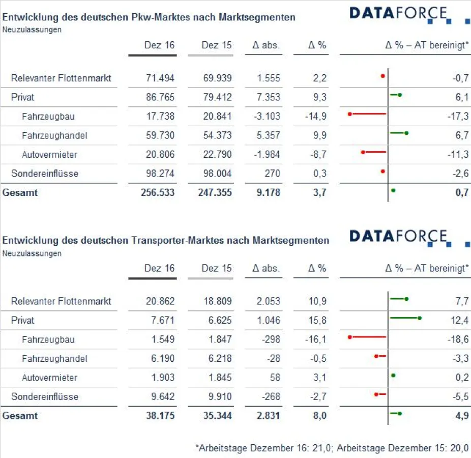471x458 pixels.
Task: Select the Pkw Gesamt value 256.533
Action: coord(158,193)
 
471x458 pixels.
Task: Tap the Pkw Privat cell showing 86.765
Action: coord(159,97)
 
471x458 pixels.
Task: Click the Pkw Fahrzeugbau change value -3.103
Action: coord(267,117)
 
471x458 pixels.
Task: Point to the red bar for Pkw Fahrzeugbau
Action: coord(368,114)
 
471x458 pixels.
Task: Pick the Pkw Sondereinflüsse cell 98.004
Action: coord(217,174)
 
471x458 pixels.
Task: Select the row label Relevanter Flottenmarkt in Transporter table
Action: coord(61,301)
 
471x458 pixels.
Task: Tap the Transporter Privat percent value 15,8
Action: coord(317,321)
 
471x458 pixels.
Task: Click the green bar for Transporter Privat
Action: coord(404,318)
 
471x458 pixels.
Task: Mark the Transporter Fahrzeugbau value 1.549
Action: coord(163,339)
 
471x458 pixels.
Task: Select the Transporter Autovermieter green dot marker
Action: coord(393,376)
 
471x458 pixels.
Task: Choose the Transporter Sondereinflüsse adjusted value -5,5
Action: coord(459,397)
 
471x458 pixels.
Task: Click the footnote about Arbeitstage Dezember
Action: coord(332,448)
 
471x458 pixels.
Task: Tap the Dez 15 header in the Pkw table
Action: coord(216,45)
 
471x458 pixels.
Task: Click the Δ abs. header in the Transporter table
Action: coord(266,268)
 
